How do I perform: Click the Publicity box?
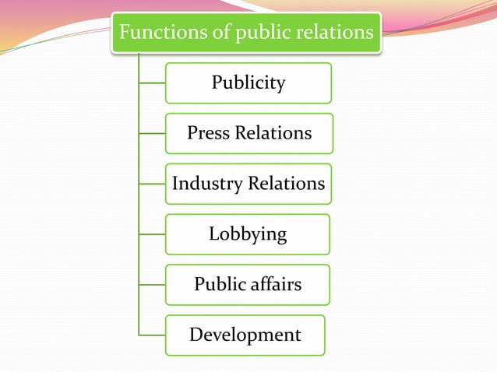pos(248,83)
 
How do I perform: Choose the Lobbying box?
pos(248,234)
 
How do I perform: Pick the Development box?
pos(245,335)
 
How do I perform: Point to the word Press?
pos(209,134)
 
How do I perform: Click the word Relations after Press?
pos(273,134)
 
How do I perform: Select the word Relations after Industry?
pos(286,184)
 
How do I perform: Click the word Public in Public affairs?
pos(220,285)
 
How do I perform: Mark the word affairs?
pos(275,285)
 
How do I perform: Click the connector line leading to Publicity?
pos(152,83)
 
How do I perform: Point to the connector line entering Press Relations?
pos(152,134)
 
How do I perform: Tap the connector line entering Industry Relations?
pos(152,184)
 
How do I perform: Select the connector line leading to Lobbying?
pos(152,234)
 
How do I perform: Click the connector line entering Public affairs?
pos(152,285)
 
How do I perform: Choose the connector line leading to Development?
pos(152,335)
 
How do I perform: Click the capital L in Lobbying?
pos(213,233)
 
